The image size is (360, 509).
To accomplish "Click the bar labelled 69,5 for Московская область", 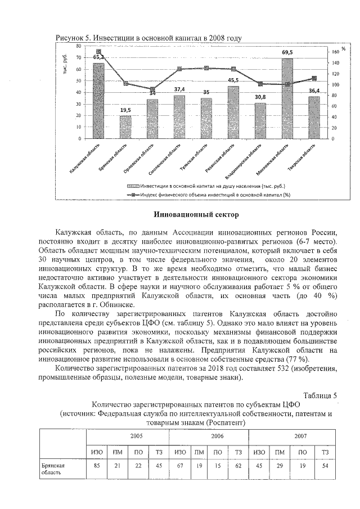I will coord(287,98).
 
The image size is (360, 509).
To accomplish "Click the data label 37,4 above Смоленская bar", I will coord(179,89).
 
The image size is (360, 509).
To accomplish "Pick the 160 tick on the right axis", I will coord(336,51).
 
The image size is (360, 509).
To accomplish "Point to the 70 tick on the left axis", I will coord(79,57).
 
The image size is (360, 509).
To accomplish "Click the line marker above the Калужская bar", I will coord(98,52).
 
